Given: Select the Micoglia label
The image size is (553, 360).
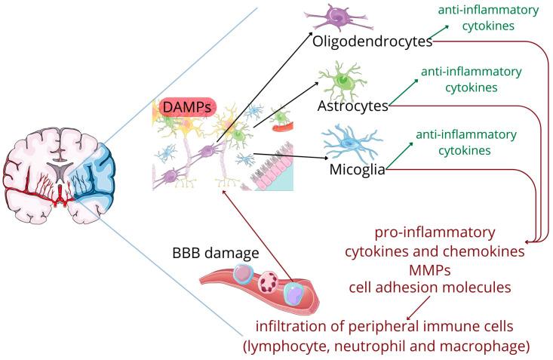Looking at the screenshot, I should pos(358,169).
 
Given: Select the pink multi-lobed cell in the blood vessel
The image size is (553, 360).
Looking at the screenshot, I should pos(269,283).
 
